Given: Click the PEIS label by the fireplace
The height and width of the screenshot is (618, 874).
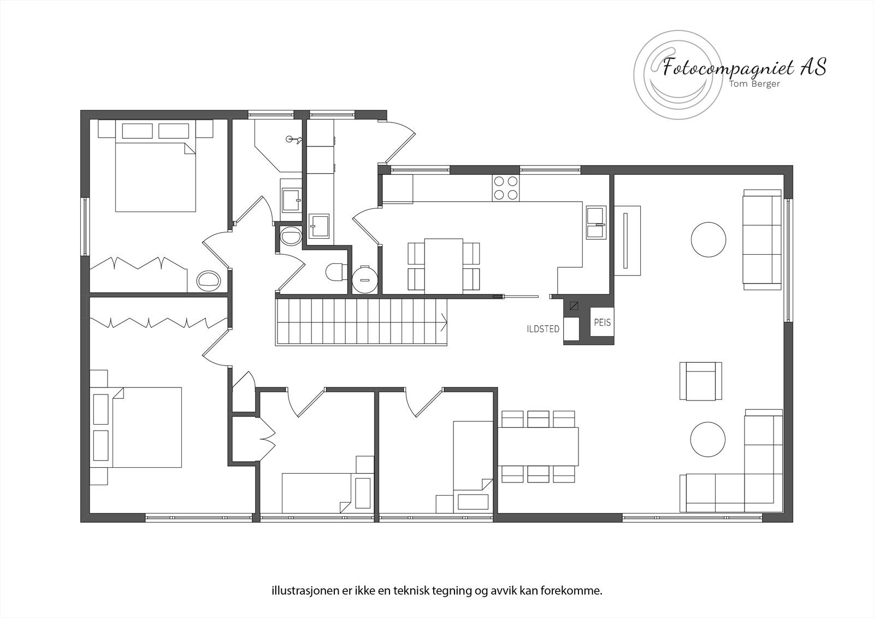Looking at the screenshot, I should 602,323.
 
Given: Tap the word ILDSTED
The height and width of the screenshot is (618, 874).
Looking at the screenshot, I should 542,329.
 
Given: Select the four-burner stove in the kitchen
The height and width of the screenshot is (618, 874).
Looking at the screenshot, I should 505,188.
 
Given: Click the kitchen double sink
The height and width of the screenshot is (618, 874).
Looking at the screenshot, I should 596,222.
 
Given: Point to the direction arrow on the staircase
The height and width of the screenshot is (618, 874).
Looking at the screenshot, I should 444,322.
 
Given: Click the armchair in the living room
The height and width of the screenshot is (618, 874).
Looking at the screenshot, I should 700,381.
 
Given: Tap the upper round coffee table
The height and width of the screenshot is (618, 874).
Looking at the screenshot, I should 708,239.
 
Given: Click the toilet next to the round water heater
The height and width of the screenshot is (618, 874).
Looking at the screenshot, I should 335,272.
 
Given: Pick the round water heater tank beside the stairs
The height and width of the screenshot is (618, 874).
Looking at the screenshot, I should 363,279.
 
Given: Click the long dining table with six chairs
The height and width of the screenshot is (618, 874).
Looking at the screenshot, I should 538,446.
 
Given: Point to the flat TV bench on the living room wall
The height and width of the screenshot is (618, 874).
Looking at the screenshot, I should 627,241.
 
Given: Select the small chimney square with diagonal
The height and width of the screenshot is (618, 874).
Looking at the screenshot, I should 574,306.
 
